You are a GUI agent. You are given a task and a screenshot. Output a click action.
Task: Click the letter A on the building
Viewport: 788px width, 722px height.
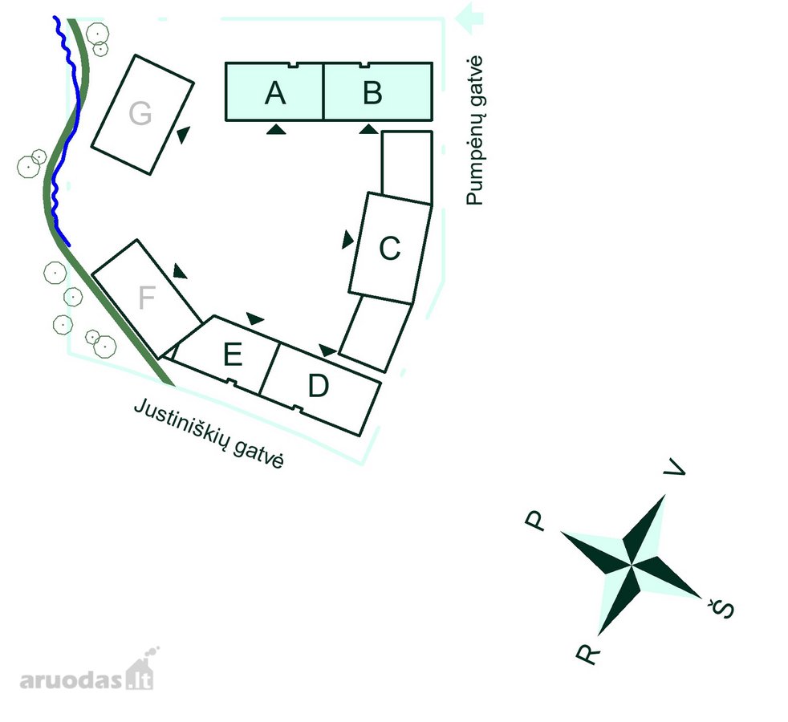point(275,93)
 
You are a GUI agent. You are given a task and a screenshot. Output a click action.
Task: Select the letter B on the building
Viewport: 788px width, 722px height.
point(372,92)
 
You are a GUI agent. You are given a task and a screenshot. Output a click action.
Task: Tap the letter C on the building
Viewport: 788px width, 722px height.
point(390,248)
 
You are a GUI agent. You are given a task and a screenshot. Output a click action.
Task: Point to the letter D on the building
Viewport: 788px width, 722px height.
point(319,386)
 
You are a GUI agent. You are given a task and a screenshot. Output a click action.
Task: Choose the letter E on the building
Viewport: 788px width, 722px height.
point(233,355)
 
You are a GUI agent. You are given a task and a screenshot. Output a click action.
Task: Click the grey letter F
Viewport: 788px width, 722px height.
point(147,298)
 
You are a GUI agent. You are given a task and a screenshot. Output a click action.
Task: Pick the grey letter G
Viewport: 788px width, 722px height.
point(140,114)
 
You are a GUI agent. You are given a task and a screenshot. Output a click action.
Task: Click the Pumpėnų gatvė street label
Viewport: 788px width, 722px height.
point(474,131)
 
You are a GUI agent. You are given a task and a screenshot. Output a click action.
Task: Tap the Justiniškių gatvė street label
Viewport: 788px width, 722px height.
point(209,433)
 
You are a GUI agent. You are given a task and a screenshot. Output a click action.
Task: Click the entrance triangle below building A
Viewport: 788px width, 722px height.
point(276,130)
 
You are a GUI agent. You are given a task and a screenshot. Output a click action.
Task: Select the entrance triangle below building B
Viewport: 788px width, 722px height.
point(369,130)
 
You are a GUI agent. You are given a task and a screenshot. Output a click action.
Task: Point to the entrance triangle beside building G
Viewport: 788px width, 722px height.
point(184,135)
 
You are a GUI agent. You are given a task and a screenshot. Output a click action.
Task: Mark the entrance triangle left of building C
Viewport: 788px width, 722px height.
point(347,240)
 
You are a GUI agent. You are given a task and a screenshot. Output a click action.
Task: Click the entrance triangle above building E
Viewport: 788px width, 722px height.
point(255,318)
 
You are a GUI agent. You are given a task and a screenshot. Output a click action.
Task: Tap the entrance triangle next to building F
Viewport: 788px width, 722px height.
point(180,271)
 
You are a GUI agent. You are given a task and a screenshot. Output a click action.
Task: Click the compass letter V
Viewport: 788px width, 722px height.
point(675,467)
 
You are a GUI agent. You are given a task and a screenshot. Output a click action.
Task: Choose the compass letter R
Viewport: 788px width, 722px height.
point(588,653)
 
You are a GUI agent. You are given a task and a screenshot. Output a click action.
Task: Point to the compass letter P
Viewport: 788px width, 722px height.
point(535,521)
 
